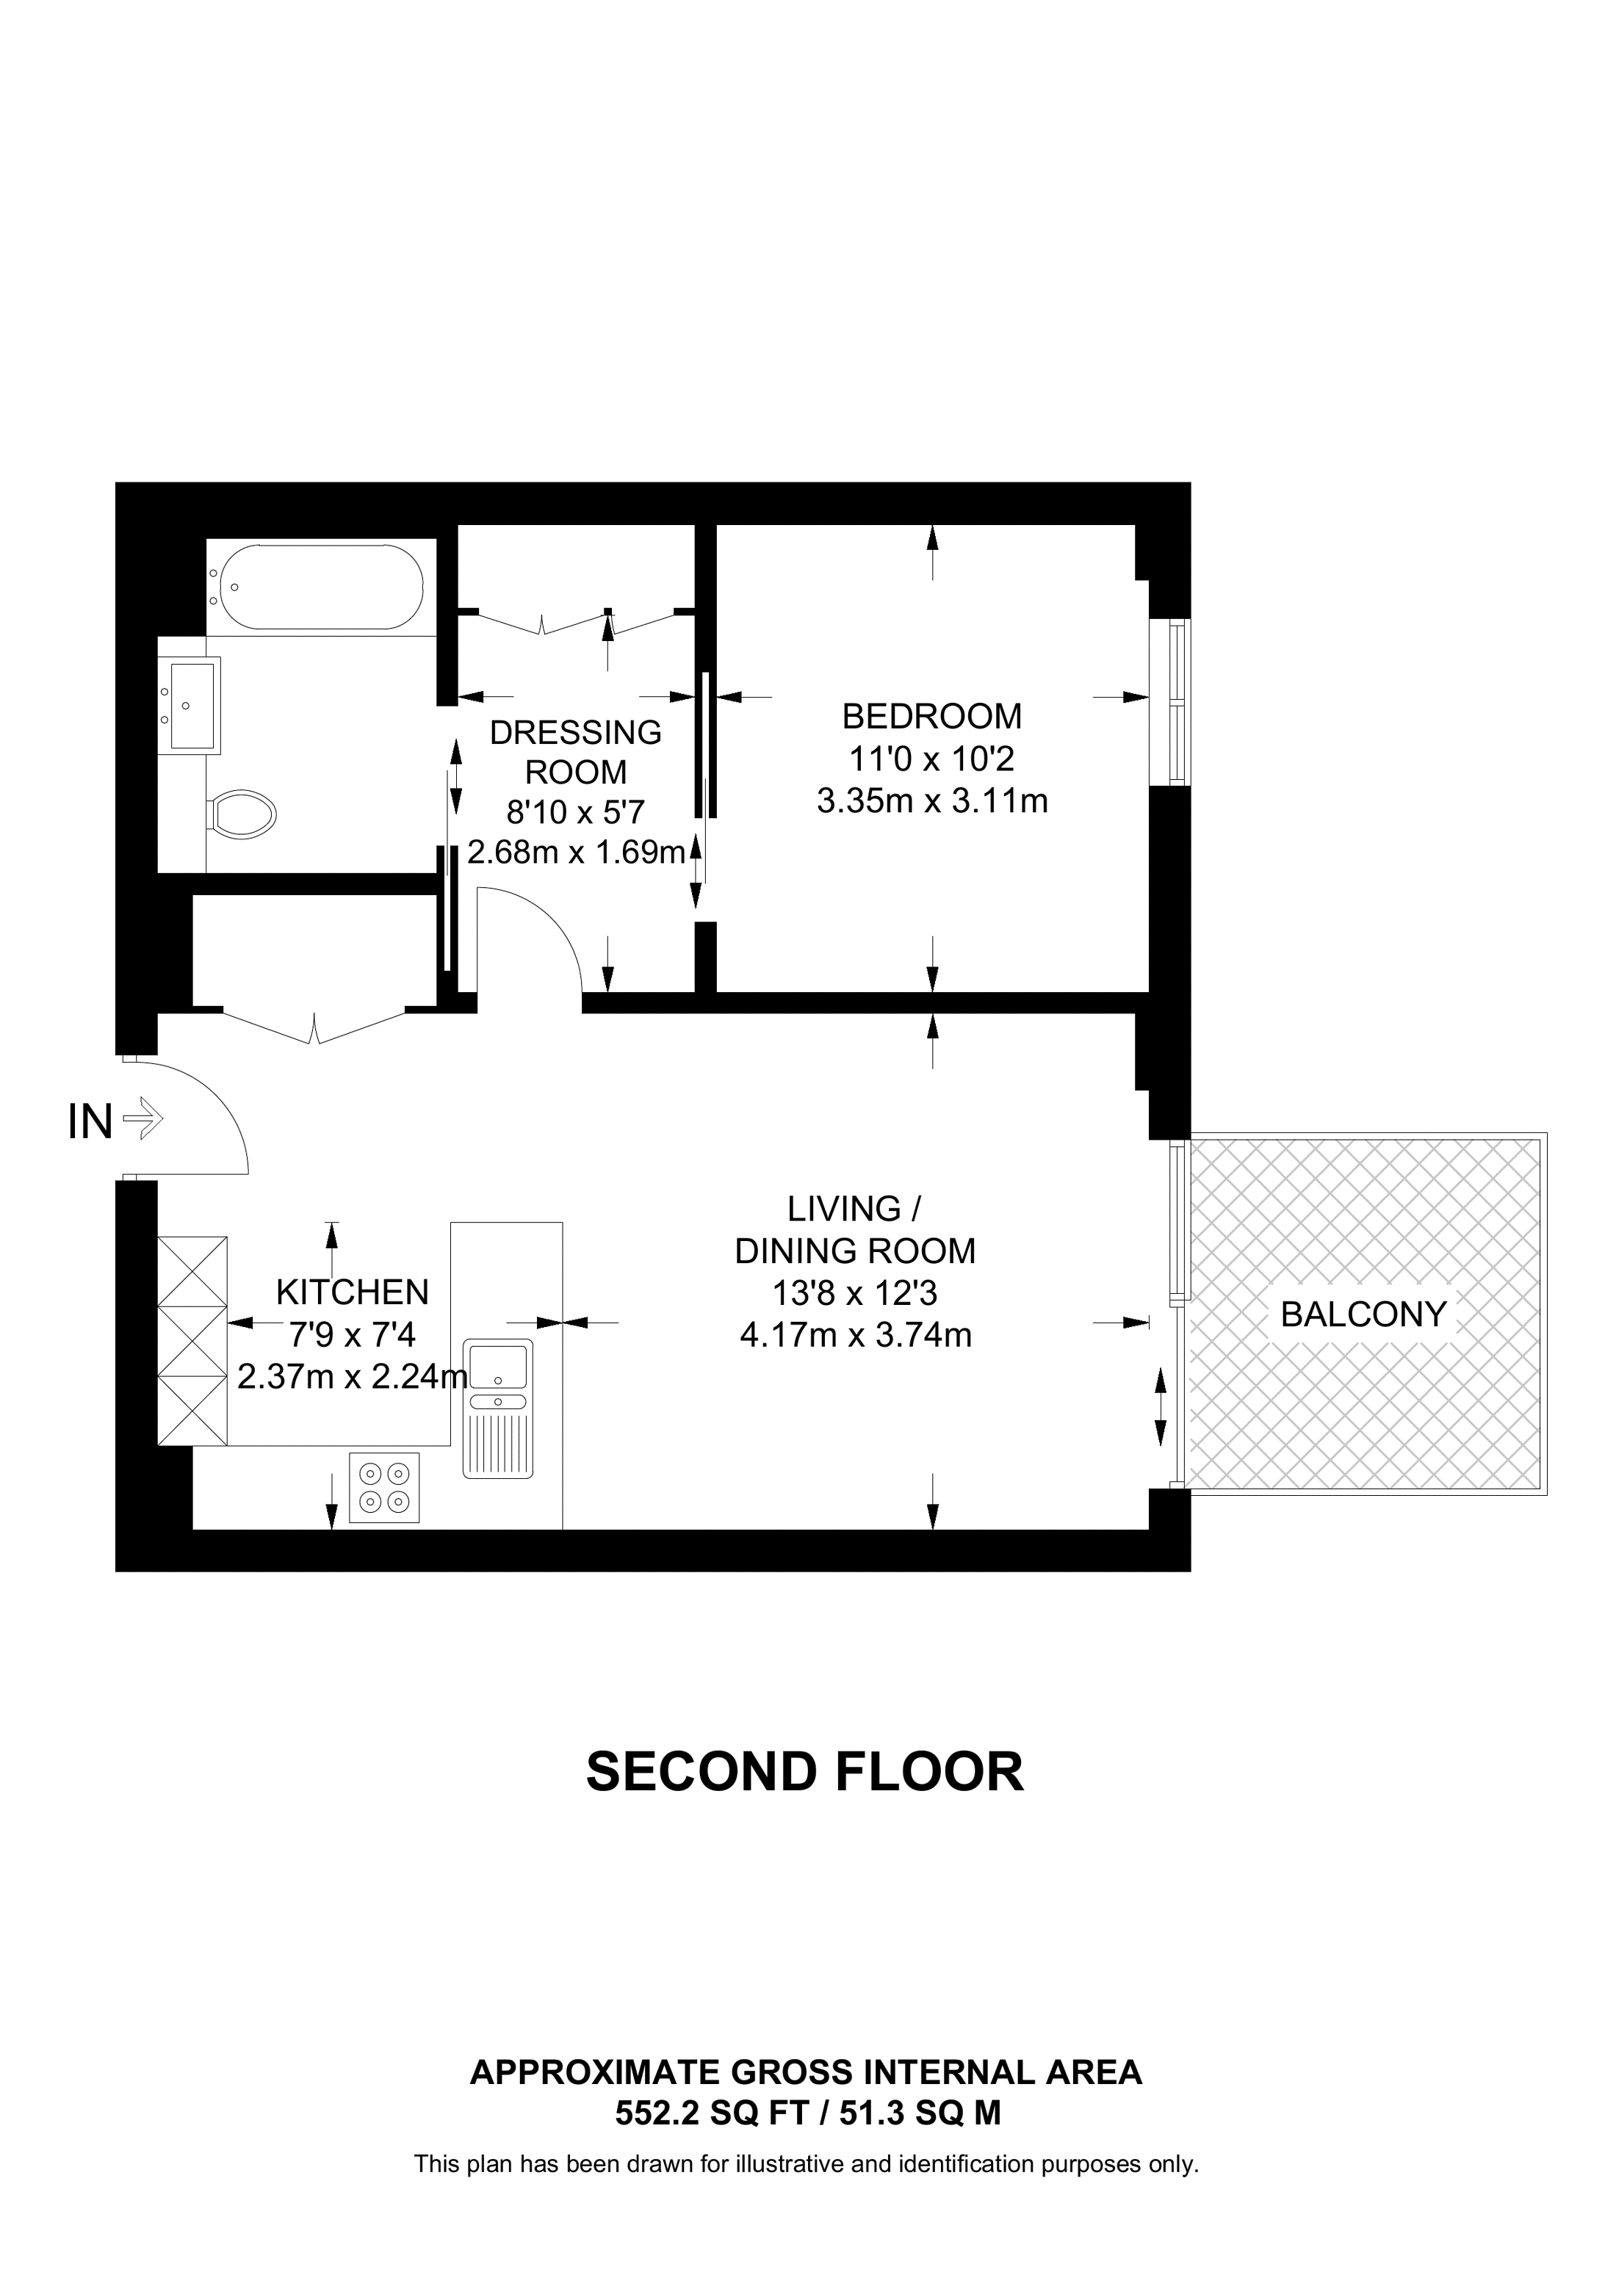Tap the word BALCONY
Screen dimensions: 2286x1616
click(x=1362, y=1314)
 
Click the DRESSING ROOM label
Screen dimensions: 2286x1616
click(x=575, y=752)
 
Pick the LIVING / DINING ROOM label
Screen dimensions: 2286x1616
click(x=854, y=1229)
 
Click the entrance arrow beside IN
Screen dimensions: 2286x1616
click(x=143, y=1118)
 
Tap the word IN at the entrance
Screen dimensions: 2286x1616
click(x=90, y=1122)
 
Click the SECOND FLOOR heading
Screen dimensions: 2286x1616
click(x=804, y=1772)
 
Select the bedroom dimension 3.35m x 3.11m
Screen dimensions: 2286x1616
click(x=932, y=800)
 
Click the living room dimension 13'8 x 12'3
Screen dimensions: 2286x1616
click(x=854, y=1292)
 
